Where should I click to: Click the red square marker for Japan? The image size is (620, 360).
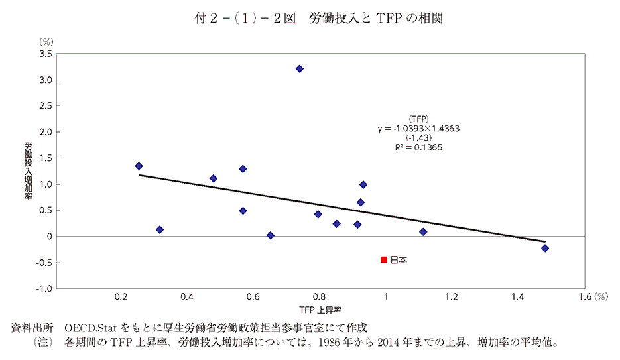click(384, 259)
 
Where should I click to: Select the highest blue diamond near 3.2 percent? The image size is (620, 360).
click(299, 68)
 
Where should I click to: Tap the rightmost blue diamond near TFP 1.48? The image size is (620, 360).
click(545, 248)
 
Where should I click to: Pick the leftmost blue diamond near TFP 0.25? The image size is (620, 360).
click(139, 166)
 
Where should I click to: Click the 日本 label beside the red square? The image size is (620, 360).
click(399, 260)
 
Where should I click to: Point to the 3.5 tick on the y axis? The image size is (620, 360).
click(46, 54)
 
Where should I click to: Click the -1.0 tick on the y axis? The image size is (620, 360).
click(44, 288)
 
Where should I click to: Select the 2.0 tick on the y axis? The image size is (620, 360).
click(46, 132)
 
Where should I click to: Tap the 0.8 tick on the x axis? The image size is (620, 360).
click(319, 297)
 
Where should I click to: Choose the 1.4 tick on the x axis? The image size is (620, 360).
click(518, 297)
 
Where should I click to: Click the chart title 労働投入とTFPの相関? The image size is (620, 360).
click(375, 18)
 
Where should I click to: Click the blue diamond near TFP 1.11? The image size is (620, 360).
click(423, 231)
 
